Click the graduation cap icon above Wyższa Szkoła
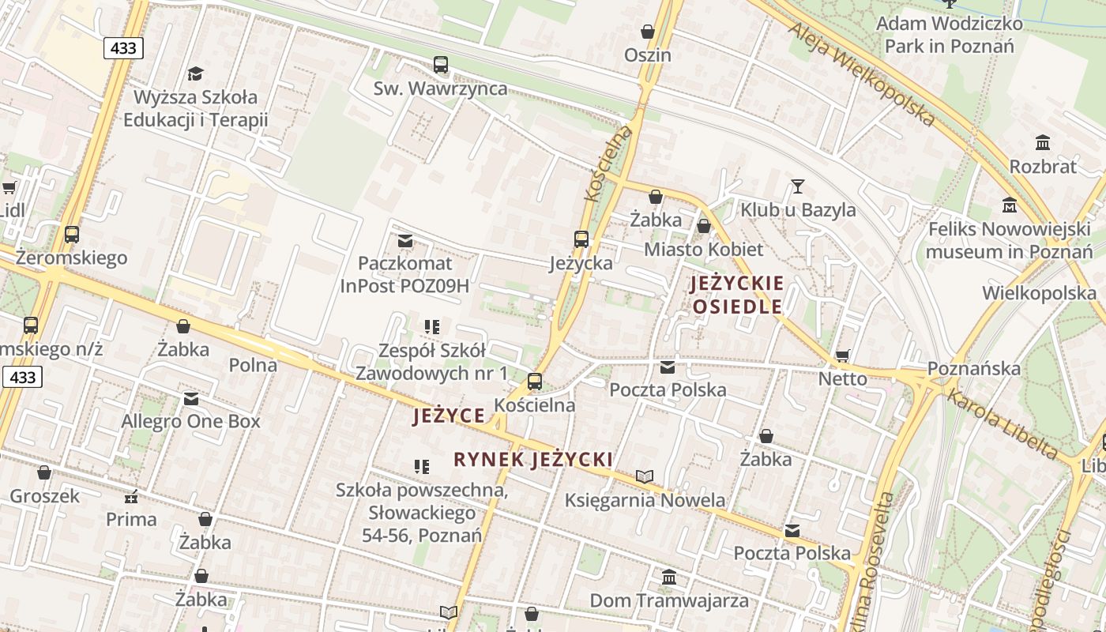(195, 73)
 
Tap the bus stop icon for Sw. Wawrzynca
(441, 65)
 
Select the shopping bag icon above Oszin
(648, 32)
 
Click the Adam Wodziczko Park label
(949, 35)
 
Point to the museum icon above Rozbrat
(1043, 143)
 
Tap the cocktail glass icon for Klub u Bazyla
(798, 186)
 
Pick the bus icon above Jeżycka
(581, 239)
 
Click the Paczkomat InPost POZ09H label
(404, 274)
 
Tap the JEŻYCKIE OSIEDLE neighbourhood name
(737, 295)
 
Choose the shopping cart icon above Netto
(842, 356)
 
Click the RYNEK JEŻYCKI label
(533, 460)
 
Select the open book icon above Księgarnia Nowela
(645, 476)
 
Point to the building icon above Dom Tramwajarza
(669, 577)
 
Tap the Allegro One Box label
(190, 421)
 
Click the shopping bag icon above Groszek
(44, 472)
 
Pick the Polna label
(253, 365)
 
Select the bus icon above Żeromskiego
(72, 235)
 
